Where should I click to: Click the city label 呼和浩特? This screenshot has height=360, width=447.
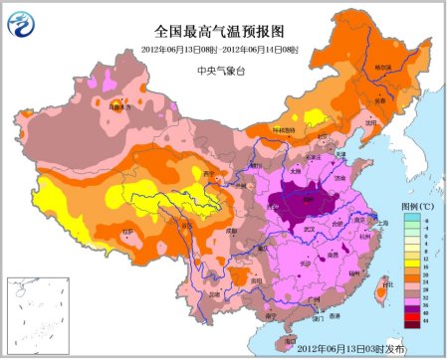click(284, 129)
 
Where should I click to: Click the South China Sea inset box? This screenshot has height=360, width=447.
click(26, 312)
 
